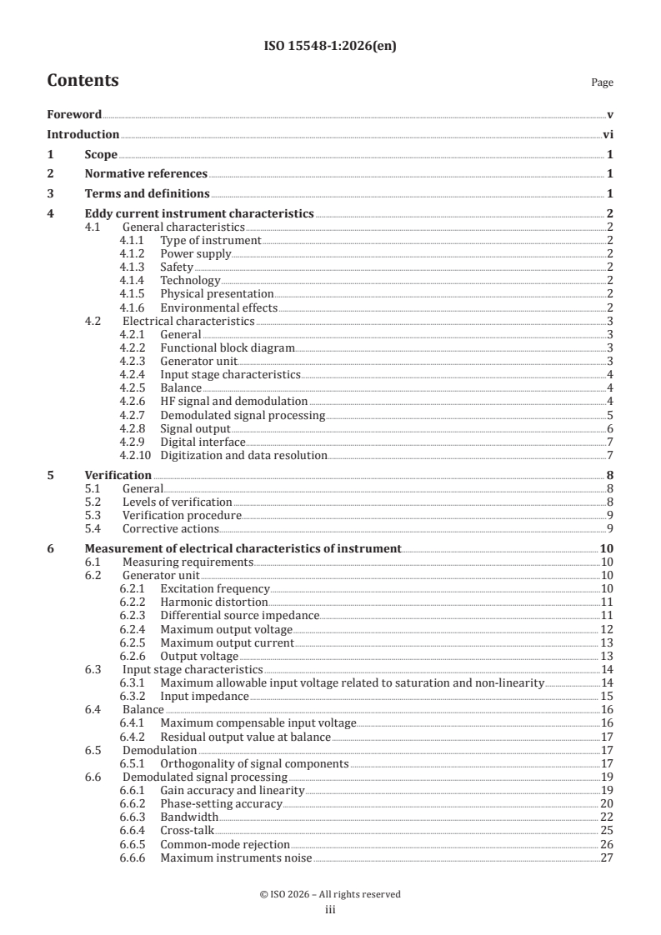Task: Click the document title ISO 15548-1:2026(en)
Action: click(x=330, y=47)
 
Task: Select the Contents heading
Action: click(x=83, y=81)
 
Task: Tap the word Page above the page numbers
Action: click(x=602, y=82)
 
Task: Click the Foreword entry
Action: click(x=74, y=114)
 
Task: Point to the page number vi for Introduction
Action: click(x=608, y=134)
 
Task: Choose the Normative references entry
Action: click(x=146, y=174)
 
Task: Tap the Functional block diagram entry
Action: click(x=228, y=347)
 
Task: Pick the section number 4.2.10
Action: click(x=135, y=455)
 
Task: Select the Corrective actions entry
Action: click(x=170, y=528)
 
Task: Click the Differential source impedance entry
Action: click(x=240, y=615)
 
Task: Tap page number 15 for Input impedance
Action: click(x=607, y=696)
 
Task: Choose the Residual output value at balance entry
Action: click(x=245, y=737)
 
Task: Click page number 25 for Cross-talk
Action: click(x=607, y=830)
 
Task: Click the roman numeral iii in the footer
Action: click(x=330, y=911)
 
